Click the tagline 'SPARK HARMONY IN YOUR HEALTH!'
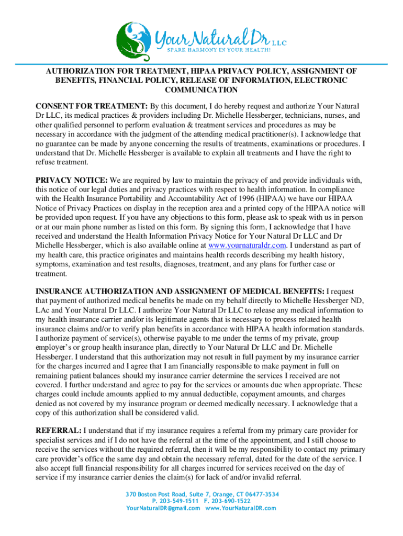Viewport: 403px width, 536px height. [x=219, y=50]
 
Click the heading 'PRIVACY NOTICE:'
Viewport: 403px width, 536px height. [x=71, y=180]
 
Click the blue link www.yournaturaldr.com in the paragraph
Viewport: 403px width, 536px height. [x=247, y=245]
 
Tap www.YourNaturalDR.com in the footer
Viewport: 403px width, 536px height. [x=241, y=508]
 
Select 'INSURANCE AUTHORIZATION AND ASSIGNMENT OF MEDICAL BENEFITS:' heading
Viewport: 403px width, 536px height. [x=179, y=291]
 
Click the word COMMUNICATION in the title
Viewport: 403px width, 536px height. [x=201, y=90]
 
